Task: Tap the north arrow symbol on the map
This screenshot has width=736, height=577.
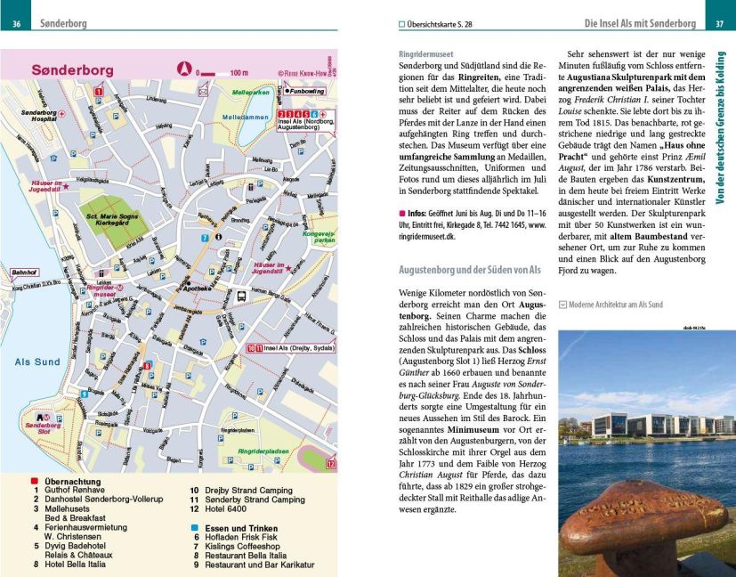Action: click(x=184, y=68)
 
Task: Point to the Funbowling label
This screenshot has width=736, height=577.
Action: click(x=308, y=91)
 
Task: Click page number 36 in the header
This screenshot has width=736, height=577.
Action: click(x=16, y=23)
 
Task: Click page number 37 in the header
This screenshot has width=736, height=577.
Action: click(x=719, y=23)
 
